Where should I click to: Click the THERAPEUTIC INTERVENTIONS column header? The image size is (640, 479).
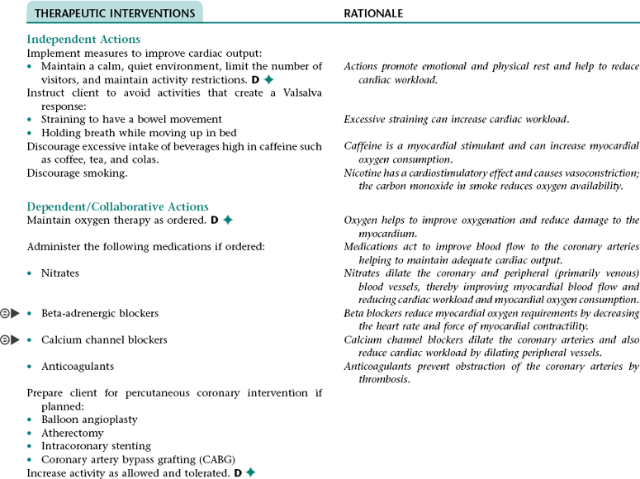(115, 13)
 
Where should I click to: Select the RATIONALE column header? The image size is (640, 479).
(373, 13)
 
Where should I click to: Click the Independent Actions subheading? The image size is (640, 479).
(83, 39)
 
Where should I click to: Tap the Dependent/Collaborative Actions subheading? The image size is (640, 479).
(117, 206)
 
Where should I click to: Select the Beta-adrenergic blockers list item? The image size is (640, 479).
(99, 313)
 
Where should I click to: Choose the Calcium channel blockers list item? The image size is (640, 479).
(104, 339)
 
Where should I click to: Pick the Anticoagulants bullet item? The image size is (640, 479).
(78, 366)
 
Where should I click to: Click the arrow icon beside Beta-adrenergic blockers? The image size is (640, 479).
(15, 313)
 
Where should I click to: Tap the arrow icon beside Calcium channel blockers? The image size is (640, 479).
(15, 339)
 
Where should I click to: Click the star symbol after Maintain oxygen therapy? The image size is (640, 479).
(228, 221)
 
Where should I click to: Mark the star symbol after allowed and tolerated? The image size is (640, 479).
(249, 473)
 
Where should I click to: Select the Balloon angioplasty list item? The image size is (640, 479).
(89, 420)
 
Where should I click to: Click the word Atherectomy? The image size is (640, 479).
(73, 433)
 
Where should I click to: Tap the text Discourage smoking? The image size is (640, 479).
(78, 173)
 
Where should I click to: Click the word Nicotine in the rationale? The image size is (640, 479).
(363, 173)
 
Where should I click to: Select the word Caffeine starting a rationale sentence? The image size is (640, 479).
(364, 146)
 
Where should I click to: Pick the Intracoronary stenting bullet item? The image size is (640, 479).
(96, 446)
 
